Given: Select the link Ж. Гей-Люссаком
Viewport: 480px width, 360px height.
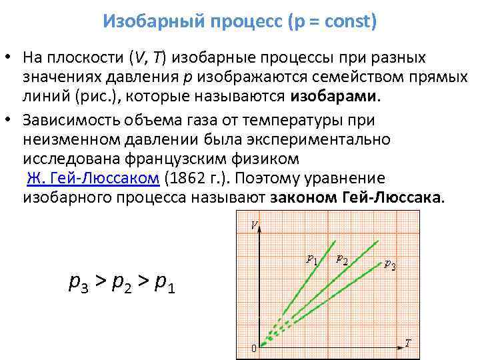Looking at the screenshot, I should [93, 179].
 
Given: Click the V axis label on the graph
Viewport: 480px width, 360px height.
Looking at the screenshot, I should [254, 225].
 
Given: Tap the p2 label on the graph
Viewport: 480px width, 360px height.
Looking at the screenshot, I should [341, 259].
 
